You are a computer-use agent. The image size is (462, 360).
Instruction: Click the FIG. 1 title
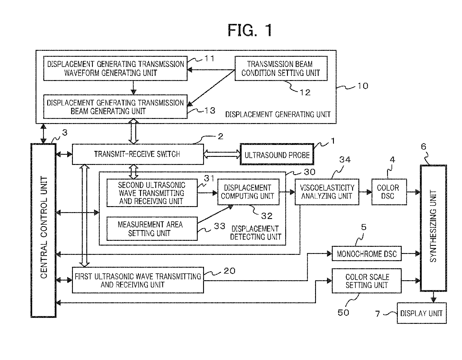click(250, 30)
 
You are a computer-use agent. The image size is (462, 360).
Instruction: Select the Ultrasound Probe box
click(277, 154)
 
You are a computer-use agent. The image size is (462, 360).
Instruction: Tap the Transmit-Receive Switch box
click(138, 154)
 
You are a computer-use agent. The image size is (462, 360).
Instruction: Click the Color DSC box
click(389, 192)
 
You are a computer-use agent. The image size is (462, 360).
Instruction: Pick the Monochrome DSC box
click(366, 253)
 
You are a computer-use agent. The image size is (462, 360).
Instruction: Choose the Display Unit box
click(422, 313)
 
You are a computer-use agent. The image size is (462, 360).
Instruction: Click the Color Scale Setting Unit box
click(366, 281)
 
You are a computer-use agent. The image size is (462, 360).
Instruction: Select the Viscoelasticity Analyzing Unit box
click(327, 192)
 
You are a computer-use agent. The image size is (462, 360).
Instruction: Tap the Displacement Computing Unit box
click(248, 192)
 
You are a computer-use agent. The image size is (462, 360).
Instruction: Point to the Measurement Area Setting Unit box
click(152, 229)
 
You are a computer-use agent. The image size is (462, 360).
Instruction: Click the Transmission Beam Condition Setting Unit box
click(281, 68)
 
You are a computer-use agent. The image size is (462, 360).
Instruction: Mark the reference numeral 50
click(343, 312)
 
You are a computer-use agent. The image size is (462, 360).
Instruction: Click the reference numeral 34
click(345, 160)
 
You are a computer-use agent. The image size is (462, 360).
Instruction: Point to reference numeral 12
click(305, 93)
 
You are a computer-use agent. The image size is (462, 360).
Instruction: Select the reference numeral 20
click(229, 271)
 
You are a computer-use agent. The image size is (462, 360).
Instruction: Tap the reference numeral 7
click(377, 314)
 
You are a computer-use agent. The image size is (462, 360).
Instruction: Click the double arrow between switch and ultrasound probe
click(222, 154)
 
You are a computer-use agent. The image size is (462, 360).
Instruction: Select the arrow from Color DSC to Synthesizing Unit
click(414, 192)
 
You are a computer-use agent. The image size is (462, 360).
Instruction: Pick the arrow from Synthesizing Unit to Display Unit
click(434, 297)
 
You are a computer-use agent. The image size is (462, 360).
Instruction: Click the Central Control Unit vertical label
click(44, 227)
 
